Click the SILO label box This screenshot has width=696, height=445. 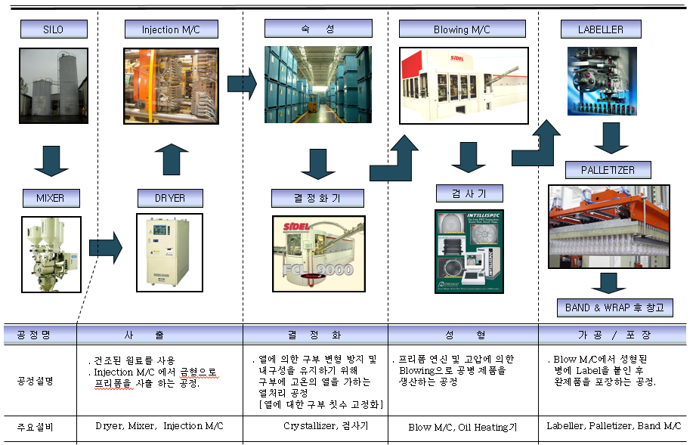click(x=54, y=29)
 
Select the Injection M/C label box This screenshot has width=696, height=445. click(x=171, y=29)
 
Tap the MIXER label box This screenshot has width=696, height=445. click(x=50, y=198)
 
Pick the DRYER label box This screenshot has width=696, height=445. click(x=170, y=198)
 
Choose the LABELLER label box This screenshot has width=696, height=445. click(x=600, y=29)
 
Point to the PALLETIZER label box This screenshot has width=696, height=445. click(x=608, y=169)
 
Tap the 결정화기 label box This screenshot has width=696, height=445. click(x=317, y=198)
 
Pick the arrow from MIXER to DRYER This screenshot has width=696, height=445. click(x=105, y=247)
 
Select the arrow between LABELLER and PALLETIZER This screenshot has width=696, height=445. click(x=611, y=138)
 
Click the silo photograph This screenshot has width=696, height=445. click(x=54, y=85)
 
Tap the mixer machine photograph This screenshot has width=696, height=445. click(x=50, y=253)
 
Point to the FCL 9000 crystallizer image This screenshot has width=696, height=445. click(x=317, y=255)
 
